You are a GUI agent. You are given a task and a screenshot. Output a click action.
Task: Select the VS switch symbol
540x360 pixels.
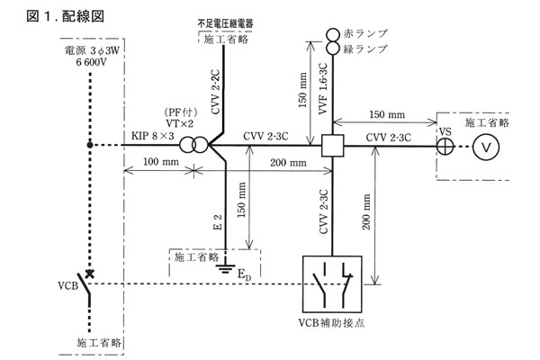[442, 144]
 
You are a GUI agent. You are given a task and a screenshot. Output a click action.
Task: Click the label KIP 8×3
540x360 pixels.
[147, 134]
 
